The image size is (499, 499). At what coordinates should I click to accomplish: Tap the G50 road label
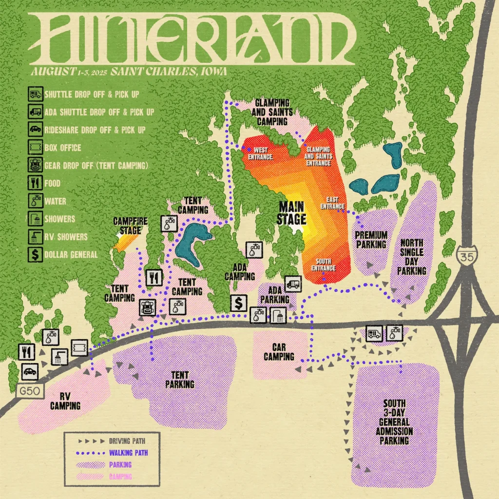tap(24, 390)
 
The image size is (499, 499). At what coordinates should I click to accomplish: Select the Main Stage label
tap(291, 213)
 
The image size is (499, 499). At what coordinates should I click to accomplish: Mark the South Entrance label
tap(323, 265)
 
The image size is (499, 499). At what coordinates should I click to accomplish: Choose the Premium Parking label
tap(371, 240)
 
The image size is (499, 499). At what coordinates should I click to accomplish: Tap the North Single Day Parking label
tap(410, 256)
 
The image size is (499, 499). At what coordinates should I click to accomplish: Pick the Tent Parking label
tap(180, 380)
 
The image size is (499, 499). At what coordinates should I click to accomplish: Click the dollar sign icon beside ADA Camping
tap(238, 304)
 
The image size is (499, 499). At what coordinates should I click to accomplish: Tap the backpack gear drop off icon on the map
tap(147, 307)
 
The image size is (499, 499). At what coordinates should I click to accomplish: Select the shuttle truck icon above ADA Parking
tap(293, 283)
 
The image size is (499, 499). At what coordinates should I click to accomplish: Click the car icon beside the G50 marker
tap(30, 372)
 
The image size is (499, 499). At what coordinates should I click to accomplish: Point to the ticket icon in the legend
tap(34, 147)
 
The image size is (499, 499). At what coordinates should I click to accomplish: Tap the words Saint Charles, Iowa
tap(169, 72)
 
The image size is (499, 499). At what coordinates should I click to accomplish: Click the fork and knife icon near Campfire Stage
tap(154, 277)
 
